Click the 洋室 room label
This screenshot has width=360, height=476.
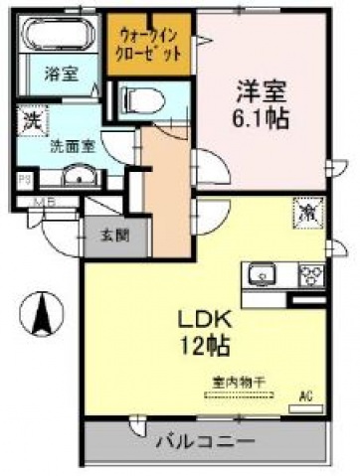point(262,90)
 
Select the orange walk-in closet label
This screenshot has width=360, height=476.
point(148,41)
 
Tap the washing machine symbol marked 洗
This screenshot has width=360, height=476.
point(30,124)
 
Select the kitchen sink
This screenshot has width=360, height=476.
point(263,271)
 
